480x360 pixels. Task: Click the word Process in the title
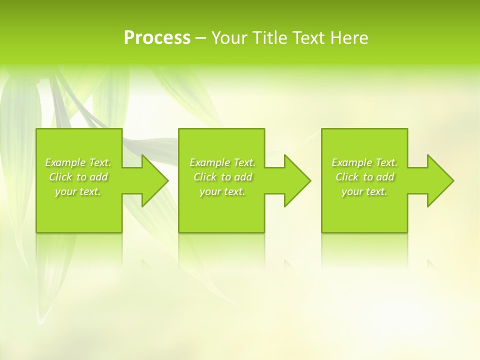157,38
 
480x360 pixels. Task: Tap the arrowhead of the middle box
296,180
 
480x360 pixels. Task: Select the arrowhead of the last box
439,180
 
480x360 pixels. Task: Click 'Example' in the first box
65,162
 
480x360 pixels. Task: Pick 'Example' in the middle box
209,162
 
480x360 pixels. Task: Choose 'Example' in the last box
351,162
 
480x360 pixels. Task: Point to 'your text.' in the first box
78,191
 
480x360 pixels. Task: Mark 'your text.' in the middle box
222,191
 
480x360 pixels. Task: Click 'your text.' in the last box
364,191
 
